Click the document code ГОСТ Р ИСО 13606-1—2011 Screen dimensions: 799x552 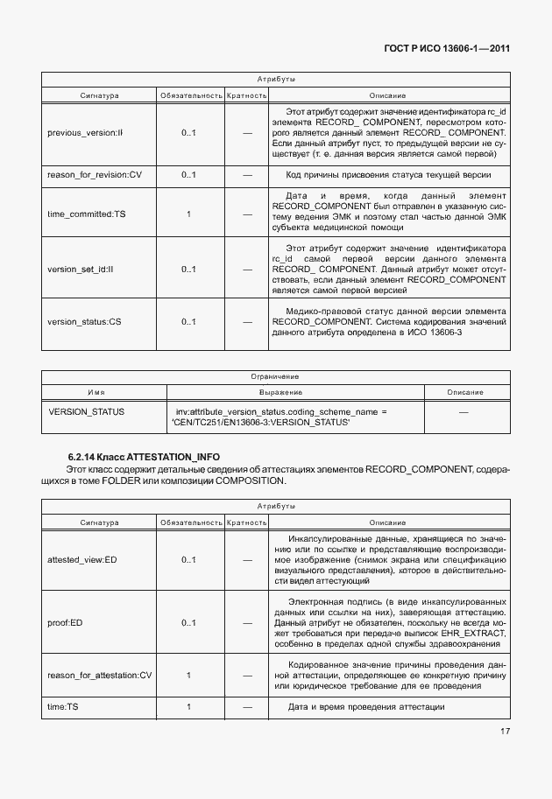click(x=447, y=49)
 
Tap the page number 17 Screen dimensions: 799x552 click(x=503, y=756)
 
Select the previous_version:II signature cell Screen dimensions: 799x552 click(x=85, y=133)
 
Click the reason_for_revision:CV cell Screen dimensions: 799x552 click(x=95, y=175)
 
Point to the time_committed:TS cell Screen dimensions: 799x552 click(x=86, y=214)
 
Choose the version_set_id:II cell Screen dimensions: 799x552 click(x=83, y=269)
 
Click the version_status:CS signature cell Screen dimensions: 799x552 click(x=84, y=322)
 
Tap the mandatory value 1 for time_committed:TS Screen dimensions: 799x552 click(x=189, y=214)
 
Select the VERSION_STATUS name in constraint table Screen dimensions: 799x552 click(x=86, y=410)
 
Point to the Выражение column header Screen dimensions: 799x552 click(x=280, y=392)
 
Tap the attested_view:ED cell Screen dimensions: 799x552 click(x=81, y=559)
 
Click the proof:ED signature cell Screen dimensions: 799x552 click(x=65, y=623)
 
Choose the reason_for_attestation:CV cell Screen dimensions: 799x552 click(x=99, y=675)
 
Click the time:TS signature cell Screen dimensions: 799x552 click(x=63, y=706)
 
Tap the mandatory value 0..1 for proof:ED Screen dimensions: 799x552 click(x=189, y=623)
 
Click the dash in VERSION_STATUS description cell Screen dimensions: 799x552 click(x=464, y=410)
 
